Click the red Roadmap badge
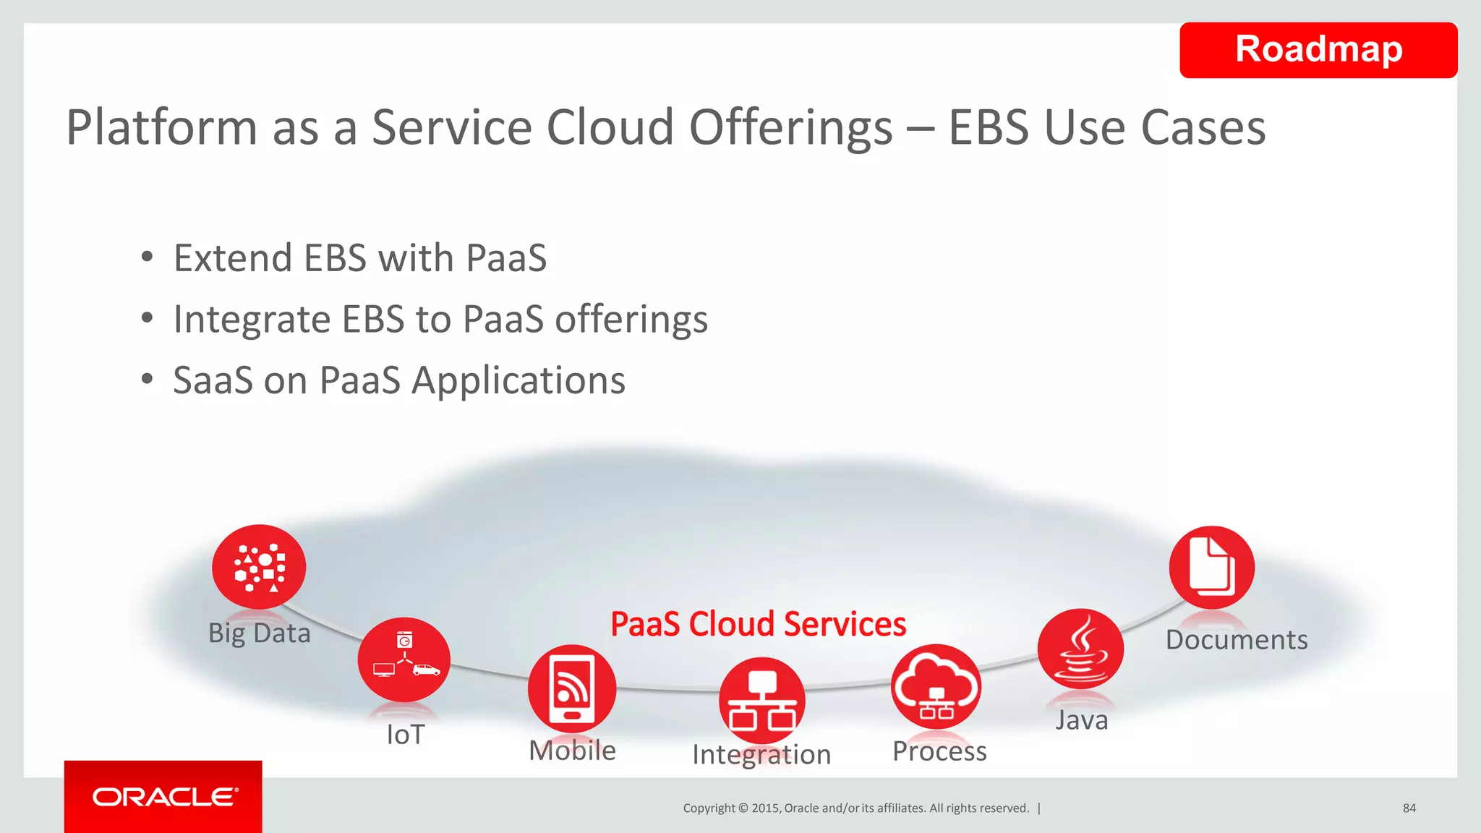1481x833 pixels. click(x=1318, y=50)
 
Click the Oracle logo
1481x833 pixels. click(x=164, y=797)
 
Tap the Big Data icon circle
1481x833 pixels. click(x=259, y=567)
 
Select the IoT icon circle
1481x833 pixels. click(x=404, y=659)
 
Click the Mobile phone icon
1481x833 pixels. click(x=572, y=688)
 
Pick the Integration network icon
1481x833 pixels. click(x=761, y=700)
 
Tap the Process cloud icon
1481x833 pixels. click(x=936, y=687)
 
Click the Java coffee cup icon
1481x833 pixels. click(x=1080, y=649)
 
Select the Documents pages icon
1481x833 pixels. click(x=1211, y=568)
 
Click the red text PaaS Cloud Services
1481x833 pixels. click(x=758, y=624)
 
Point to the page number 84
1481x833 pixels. click(x=1409, y=808)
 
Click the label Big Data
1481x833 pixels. click(x=259, y=633)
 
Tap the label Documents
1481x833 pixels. click(x=1237, y=640)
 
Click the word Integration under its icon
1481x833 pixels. click(x=761, y=755)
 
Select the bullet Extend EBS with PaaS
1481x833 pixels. click(x=360, y=258)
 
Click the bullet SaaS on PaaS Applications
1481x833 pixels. click(x=399, y=380)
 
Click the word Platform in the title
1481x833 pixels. click(x=161, y=128)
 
